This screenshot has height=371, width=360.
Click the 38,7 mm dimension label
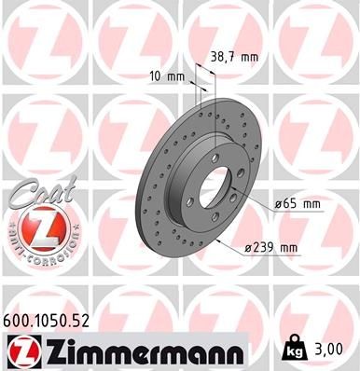233,56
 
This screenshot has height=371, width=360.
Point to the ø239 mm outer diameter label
270,247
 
